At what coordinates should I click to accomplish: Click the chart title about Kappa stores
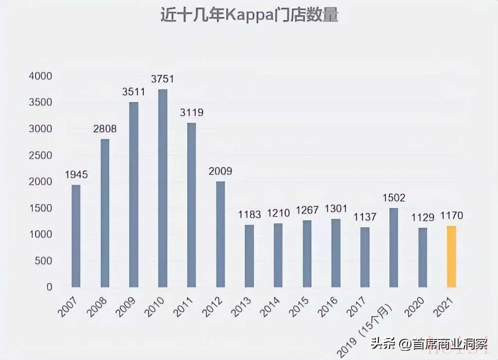pyautogui.click(x=249, y=16)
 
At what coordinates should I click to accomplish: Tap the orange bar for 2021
pyautogui.click(x=452, y=256)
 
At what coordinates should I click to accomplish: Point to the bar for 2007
pyautogui.click(x=76, y=236)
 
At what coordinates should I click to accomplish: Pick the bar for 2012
pyautogui.click(x=220, y=234)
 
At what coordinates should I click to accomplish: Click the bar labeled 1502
pyautogui.click(x=394, y=248)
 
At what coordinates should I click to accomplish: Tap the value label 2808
pyautogui.click(x=105, y=129)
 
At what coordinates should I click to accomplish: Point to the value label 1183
pyautogui.click(x=249, y=215)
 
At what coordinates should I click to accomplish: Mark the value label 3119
pyautogui.click(x=192, y=113)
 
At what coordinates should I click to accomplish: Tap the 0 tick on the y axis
pyautogui.click(x=49, y=287)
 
